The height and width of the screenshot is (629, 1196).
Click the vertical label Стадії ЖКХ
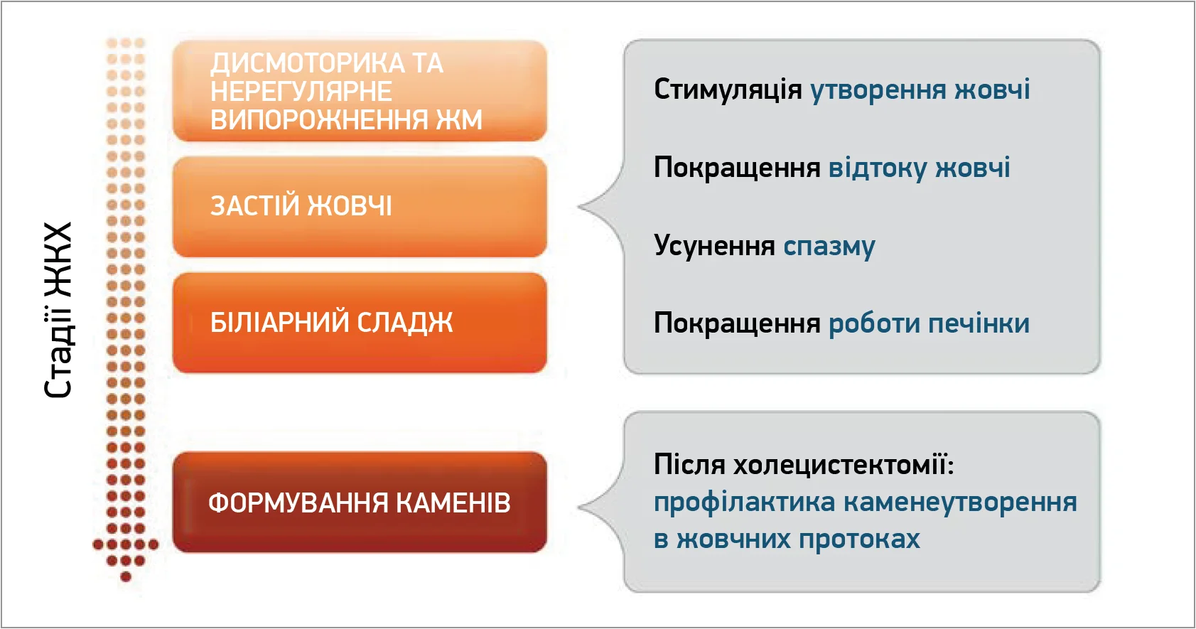(58, 310)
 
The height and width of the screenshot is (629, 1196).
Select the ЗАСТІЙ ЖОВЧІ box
(360, 207)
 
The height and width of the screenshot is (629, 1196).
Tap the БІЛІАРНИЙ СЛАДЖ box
(360, 323)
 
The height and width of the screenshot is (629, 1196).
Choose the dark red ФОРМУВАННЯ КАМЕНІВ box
(360, 502)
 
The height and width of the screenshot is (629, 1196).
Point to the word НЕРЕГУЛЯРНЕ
(301, 91)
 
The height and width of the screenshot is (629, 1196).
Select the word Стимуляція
(728, 89)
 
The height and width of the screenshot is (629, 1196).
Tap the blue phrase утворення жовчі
(920, 90)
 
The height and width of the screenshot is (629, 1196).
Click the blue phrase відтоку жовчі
(919, 168)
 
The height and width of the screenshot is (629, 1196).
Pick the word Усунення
(714, 246)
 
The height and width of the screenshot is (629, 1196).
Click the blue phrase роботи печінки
(929, 323)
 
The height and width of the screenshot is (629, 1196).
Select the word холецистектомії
(843, 464)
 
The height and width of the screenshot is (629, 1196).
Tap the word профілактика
(744, 502)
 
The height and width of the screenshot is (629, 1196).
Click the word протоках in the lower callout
(859, 539)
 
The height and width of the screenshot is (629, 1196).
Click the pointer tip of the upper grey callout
(579, 207)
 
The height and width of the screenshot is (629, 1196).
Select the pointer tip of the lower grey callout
(579, 507)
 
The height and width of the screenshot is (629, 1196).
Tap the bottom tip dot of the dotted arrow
(126, 576)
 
